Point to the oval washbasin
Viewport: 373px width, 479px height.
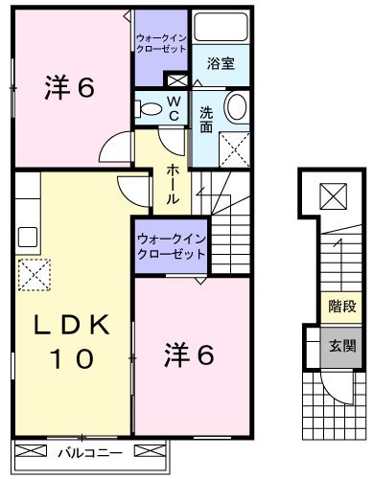pos(235,106)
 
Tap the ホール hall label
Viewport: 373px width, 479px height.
pos(171,184)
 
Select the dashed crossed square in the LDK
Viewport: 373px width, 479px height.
pos(35,273)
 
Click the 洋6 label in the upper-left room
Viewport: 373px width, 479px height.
pos(68,89)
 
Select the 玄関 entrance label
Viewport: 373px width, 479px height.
pos(341,346)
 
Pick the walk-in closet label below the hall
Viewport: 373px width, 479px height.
pos(170,247)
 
